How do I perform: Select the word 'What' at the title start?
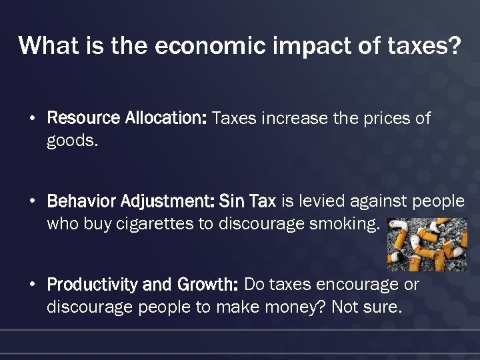click(42, 46)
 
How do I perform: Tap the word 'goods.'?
click(72, 141)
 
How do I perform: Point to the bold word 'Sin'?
click(231, 201)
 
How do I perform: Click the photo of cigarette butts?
click(427, 244)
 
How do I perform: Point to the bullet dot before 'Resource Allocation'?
click(32, 119)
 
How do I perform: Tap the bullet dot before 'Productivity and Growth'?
click(32, 285)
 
